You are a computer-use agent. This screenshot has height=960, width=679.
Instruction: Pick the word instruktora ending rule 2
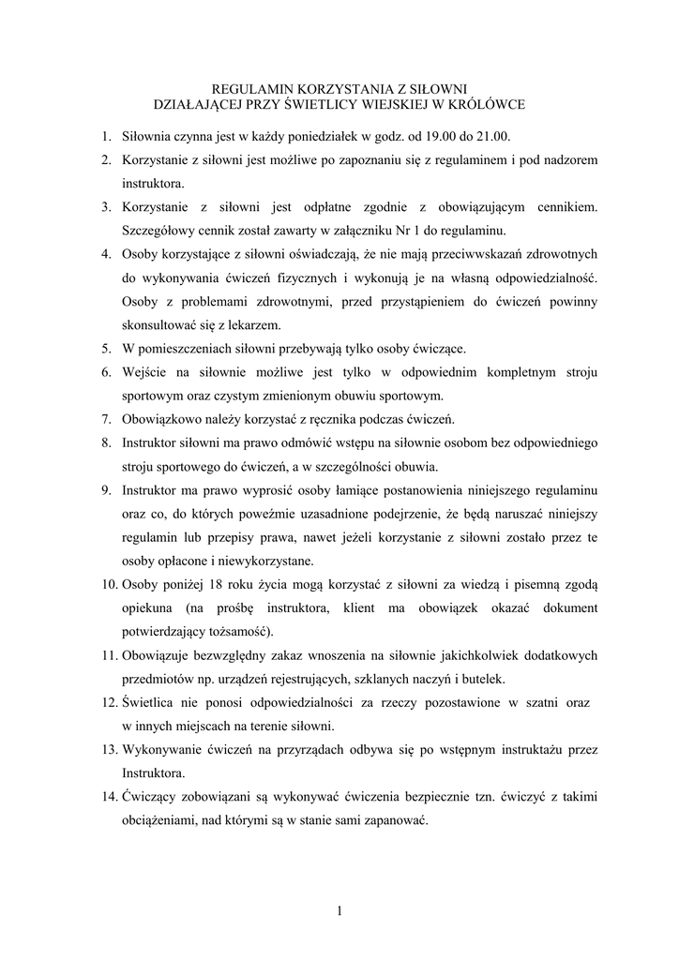pyautogui.click(x=154, y=184)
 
